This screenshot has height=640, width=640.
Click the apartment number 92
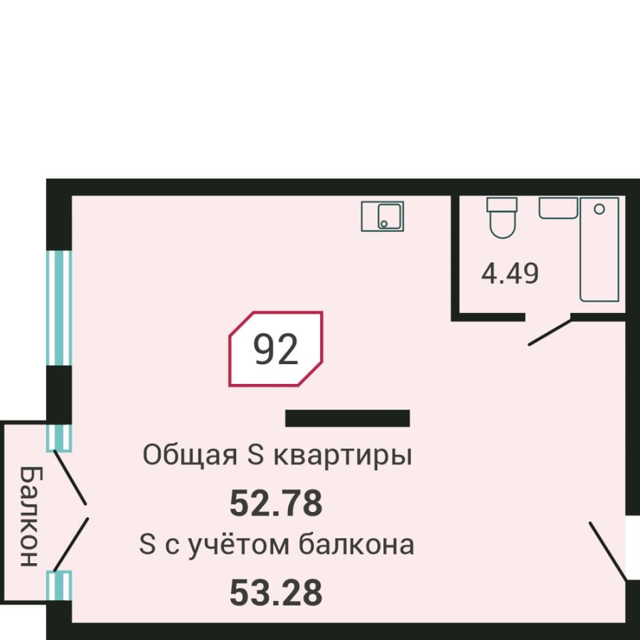coord(275,350)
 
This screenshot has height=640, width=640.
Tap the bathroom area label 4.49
coord(510,273)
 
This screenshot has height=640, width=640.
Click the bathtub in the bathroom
coord(599,249)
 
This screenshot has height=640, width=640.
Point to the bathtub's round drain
coord(599,209)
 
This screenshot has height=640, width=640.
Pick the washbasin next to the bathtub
coord(558,208)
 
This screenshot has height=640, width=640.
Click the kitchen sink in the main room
coord(383,216)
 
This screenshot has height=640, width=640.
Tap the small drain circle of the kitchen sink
coord(384,223)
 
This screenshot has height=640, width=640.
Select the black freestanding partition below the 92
coord(347,418)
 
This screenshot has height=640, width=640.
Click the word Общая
coord(190,455)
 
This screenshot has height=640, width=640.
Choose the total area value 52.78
coord(276,503)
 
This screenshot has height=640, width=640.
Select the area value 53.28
coord(276,592)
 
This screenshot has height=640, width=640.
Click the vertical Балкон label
coord(27,516)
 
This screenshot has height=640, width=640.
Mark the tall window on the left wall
coord(59,308)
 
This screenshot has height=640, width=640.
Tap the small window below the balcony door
coord(59,585)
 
